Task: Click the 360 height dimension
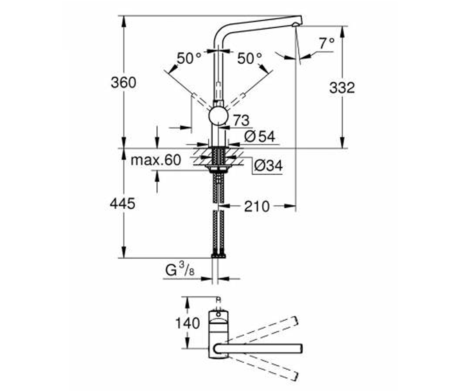124,83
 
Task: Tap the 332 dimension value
342,88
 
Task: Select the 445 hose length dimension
123,204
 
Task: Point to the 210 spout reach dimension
257,206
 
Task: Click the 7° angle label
327,43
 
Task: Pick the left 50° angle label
189,58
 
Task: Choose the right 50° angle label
250,58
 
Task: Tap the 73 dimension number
242,120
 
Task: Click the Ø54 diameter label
260,136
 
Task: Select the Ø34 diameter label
268,166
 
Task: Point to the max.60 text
156,160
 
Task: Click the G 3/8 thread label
180,270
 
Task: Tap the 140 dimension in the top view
188,323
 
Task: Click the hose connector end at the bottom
218,255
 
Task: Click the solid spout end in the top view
300,348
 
